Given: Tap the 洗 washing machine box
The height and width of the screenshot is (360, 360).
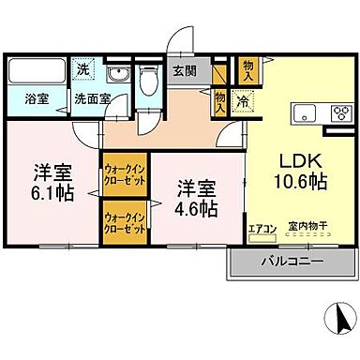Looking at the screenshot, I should point(83,69).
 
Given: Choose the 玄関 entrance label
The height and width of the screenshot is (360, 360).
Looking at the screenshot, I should point(183,69).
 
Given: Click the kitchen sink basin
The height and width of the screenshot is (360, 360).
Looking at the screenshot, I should point(307,114).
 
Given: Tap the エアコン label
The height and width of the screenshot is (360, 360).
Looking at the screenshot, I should point(261,227).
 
